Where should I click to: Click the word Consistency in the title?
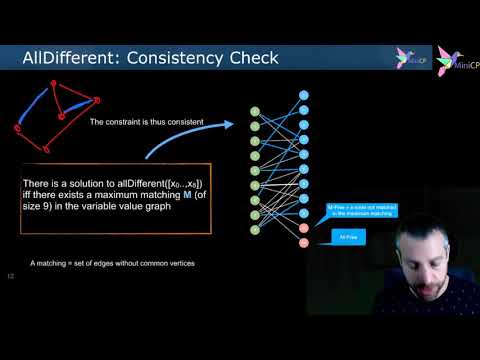click(160, 59)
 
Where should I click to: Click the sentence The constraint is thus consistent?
click(146, 123)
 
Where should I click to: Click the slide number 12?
click(11, 275)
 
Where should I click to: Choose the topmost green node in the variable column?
click(255, 111)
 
